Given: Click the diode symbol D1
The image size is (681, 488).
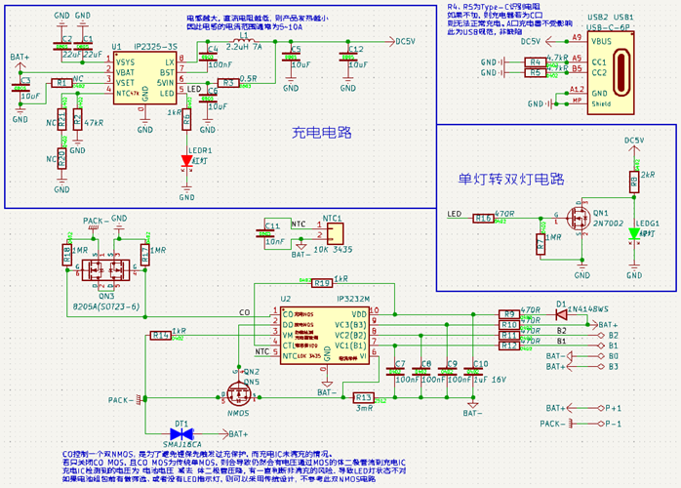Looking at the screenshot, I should pyautogui.click(x=561, y=314).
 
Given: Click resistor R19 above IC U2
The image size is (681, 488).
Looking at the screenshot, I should pyautogui.click(x=322, y=283).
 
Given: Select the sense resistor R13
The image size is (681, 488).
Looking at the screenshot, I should pyautogui.click(x=362, y=397).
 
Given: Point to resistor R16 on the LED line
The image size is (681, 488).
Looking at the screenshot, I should pyautogui.click(x=483, y=218).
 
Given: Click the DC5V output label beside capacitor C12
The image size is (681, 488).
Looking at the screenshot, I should pyautogui.click(x=403, y=42).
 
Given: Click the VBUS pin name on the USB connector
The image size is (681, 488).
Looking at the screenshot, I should pyautogui.click(x=602, y=42).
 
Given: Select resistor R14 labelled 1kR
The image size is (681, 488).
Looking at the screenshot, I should pyautogui.click(x=159, y=335).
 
